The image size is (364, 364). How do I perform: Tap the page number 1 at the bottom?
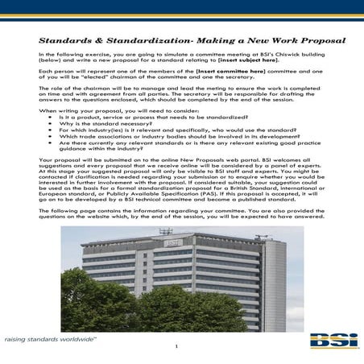pos(176,347)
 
